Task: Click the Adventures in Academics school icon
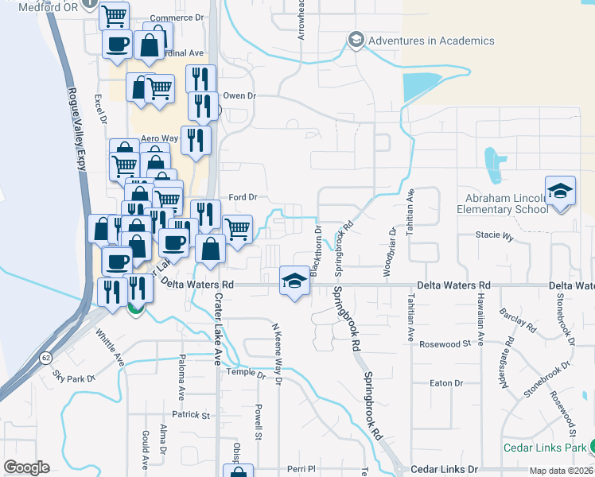(x=355, y=40)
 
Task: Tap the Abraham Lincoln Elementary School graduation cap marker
(x=560, y=191)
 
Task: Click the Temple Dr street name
(x=245, y=372)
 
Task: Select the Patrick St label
(x=194, y=415)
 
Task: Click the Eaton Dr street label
(x=445, y=383)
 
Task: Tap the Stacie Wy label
(x=495, y=236)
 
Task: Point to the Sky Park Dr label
(x=73, y=375)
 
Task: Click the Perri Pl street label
(x=302, y=469)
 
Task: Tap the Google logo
(x=26, y=467)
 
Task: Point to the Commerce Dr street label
(x=172, y=18)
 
